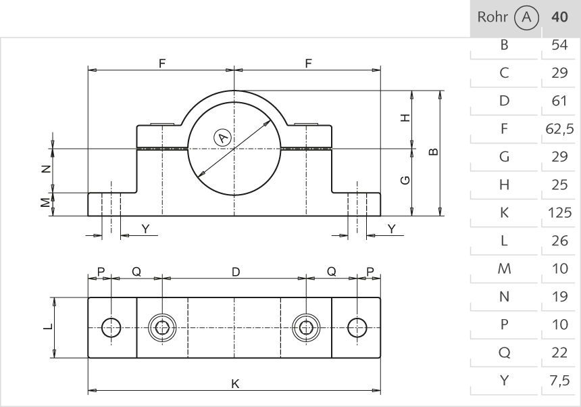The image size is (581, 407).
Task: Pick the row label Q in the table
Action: (503, 352)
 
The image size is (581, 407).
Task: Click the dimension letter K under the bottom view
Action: (234, 383)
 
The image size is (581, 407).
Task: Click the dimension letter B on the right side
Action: (433, 152)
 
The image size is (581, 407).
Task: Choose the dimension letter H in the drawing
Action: (405, 118)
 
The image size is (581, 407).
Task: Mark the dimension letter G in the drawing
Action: (405, 180)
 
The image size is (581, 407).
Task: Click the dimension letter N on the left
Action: (45, 170)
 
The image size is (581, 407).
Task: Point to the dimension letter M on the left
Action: (45, 203)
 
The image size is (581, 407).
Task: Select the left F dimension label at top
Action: (161, 63)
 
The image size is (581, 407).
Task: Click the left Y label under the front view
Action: (145, 229)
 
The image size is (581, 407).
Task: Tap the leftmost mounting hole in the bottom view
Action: (111, 327)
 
